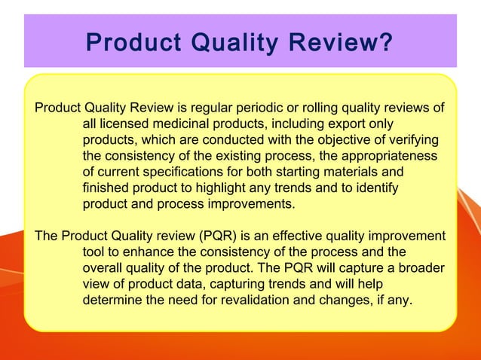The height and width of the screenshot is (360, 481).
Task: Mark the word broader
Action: (418, 268)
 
